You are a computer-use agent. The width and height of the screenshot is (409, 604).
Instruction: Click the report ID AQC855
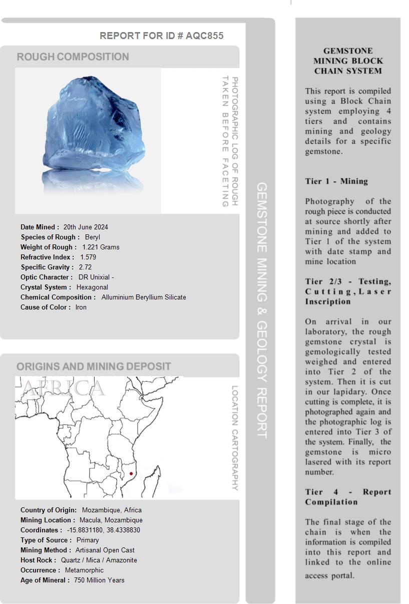(x=204, y=36)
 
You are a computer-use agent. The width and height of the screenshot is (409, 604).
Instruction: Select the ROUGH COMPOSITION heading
(x=73, y=57)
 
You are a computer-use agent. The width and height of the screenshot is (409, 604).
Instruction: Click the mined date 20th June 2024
(x=86, y=227)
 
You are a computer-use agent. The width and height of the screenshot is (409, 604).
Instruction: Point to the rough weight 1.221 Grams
(x=101, y=247)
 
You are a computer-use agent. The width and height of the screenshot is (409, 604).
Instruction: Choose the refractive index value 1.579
(x=88, y=257)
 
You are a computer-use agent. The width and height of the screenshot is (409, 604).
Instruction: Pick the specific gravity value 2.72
(x=85, y=267)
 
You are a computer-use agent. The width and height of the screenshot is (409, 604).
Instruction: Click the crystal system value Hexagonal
(x=92, y=287)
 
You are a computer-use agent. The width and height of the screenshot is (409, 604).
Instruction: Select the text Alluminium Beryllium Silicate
(x=144, y=297)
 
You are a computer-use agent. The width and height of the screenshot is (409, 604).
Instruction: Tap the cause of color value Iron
(x=81, y=307)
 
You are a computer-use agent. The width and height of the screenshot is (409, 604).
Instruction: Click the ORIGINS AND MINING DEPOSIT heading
(x=94, y=366)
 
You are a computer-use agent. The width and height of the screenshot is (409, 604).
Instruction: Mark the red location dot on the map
(x=131, y=473)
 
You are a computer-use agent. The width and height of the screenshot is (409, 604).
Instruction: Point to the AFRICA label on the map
(x=64, y=388)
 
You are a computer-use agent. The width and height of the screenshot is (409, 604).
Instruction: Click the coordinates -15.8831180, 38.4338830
(x=104, y=530)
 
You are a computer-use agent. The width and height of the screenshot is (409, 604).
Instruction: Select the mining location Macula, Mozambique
(x=111, y=520)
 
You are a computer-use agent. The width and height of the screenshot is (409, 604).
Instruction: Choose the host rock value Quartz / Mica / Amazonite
(x=99, y=560)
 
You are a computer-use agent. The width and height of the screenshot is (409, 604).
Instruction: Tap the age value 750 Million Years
(x=99, y=580)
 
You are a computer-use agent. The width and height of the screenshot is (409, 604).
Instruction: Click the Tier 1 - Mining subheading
(x=336, y=181)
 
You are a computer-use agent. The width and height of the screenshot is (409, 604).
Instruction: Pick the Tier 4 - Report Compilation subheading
(x=348, y=497)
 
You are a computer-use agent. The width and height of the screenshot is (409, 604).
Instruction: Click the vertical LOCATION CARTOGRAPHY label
(x=235, y=438)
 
